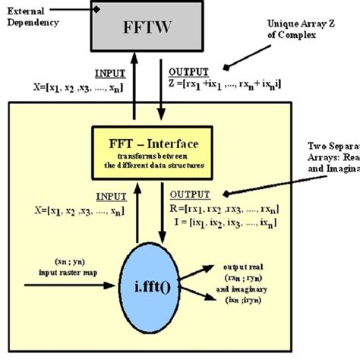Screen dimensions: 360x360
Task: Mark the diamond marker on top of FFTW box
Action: coord(97,7)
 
